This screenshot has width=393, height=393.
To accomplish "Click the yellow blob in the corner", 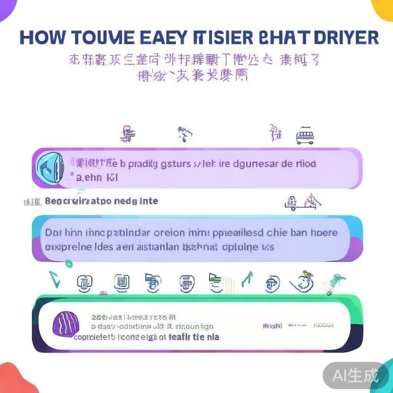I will pyautogui.click(x=384, y=8).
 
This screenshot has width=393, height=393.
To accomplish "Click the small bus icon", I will pyautogui.click(x=305, y=136).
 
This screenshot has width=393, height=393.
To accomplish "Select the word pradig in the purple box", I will pyautogui.click(x=142, y=164).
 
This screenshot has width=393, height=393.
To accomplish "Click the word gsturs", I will pyautogui.click(x=176, y=164).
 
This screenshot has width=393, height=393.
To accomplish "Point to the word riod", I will pyautogui.click(x=306, y=164).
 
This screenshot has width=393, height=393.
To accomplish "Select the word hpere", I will pyautogui.click(x=325, y=233).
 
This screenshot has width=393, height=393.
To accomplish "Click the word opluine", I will pyautogui.click(x=240, y=246).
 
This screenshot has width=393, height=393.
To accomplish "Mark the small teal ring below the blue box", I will pyautogui.click(x=69, y=264).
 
